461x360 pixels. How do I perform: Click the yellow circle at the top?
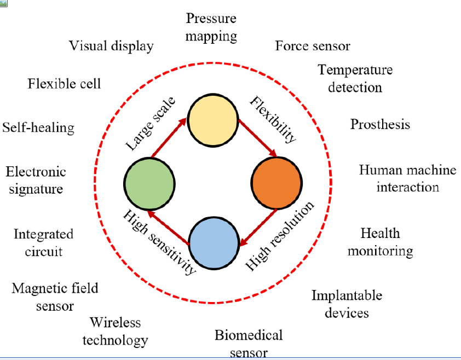pyautogui.click(x=213, y=121)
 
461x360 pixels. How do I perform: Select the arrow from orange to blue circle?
pyautogui.click(x=259, y=227)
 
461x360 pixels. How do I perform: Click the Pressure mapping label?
pyautogui.click(x=211, y=27)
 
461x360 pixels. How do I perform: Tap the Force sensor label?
pyautogui.click(x=313, y=45)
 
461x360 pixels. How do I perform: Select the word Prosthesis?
pyautogui.click(x=380, y=124)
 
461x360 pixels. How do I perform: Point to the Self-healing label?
pyautogui.click(x=38, y=127)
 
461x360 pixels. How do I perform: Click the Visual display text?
pyautogui.click(x=111, y=45)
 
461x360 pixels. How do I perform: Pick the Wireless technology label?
pyautogui.click(x=116, y=331)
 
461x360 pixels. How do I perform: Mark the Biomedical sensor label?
pyautogui.click(x=249, y=343)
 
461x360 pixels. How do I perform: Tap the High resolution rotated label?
pyautogui.click(x=280, y=236)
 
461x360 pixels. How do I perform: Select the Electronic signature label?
pyautogui.click(x=36, y=180)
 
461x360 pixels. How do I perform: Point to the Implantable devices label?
pyautogui.click(x=347, y=304)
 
